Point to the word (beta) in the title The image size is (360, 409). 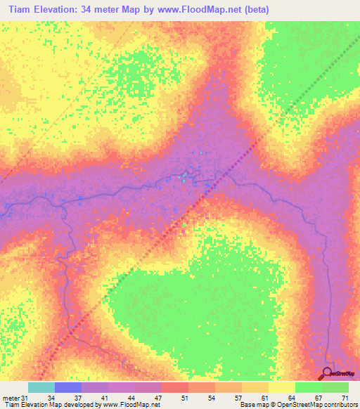pyautogui.click(x=253, y=10)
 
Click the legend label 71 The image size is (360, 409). pyautogui.click(x=345, y=398)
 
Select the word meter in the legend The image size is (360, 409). pyautogui.click(x=10, y=398)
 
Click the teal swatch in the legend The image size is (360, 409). pyautogui.click(x=41, y=387)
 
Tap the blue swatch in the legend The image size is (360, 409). pyautogui.click(x=67, y=387)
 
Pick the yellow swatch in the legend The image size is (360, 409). pyautogui.click(x=281, y=387)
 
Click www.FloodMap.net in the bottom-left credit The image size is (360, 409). pyautogui.click(x=139, y=405)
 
